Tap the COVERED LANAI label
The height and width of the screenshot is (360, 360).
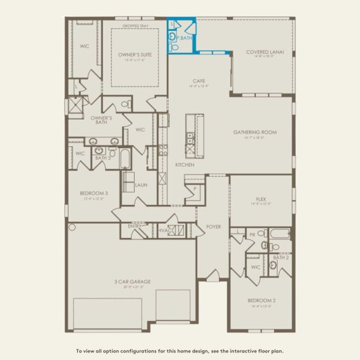tap(265, 52)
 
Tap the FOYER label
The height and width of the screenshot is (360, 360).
tap(214, 227)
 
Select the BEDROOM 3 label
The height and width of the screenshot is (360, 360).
tap(94, 193)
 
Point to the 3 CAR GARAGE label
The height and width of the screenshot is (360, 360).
tap(133, 281)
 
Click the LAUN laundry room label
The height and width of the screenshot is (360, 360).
tap(142, 185)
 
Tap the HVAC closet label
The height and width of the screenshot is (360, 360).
tap(165, 230)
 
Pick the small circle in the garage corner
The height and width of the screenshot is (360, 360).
tap(72, 227)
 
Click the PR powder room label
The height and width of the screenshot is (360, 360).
tap(253, 235)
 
